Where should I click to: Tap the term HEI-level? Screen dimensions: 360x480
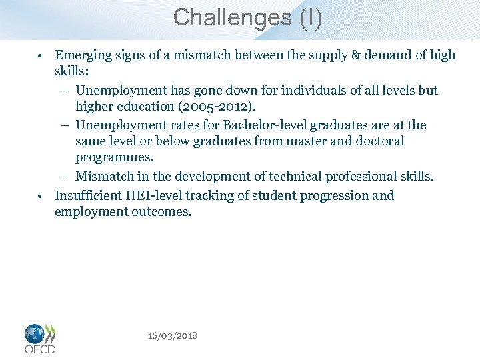tap(158, 195)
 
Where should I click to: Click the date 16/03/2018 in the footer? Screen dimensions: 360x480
tap(172, 335)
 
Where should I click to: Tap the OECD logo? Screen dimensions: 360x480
tap(40, 338)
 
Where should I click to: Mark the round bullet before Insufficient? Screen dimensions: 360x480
tap(41, 196)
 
